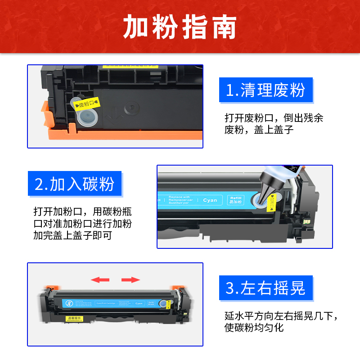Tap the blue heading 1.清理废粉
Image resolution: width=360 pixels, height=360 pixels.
pos(265,90)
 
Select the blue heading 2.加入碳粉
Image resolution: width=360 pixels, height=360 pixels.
pos(75,184)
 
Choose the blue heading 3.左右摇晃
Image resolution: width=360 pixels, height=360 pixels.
pos(265,288)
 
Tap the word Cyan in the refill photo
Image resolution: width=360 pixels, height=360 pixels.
pos(210,200)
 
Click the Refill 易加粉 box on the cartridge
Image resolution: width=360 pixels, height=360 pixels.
pos(235,200)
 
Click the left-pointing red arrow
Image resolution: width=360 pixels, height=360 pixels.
pos(100,280)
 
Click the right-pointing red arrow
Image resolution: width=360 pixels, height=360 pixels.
pos(131,280)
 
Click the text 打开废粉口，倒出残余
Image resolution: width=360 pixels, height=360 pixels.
pos(274,118)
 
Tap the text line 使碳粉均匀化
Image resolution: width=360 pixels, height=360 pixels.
pos(254,328)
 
